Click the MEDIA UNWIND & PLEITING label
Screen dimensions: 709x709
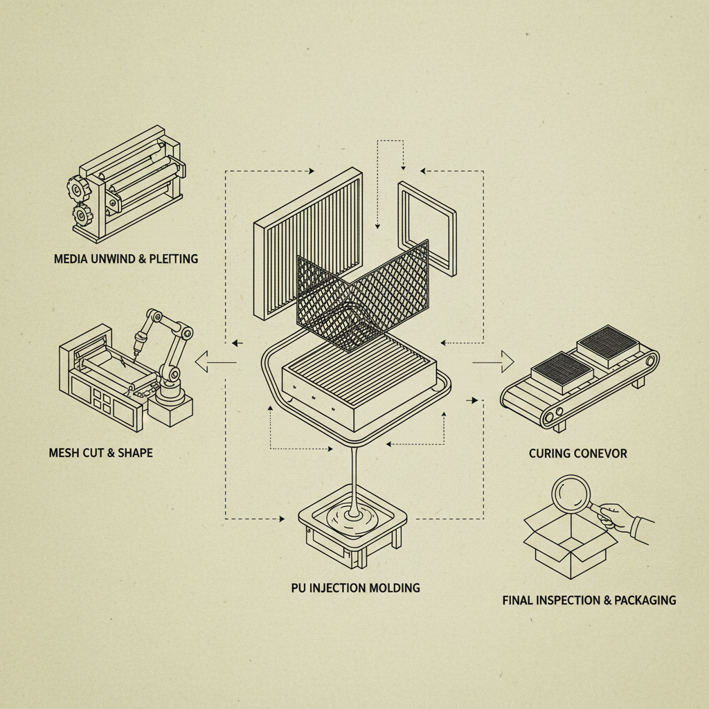125,259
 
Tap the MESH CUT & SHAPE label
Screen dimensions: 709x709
101,453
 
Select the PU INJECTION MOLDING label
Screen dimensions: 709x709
355,588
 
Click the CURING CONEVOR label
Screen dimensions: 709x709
577,454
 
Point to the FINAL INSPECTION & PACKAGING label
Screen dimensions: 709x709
589,600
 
